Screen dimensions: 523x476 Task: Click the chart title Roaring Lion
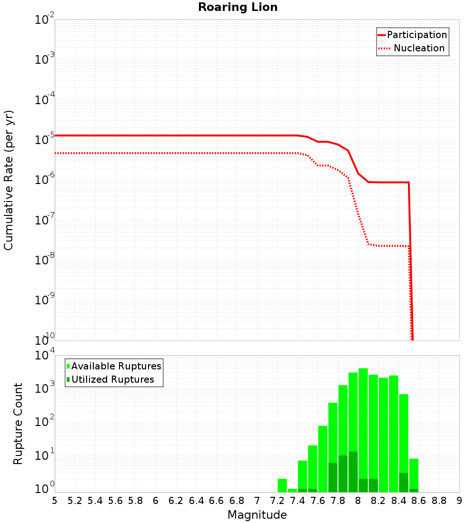pyautogui.click(x=238, y=7)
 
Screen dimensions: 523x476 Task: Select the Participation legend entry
pyautogui.click(x=416, y=35)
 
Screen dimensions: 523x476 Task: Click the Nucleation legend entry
pyautogui.click(x=418, y=48)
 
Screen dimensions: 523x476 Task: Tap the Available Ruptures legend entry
pyautogui.click(x=116, y=366)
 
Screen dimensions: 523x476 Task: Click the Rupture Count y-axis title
pyautogui.click(x=18, y=423)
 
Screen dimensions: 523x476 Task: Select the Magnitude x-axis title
pyautogui.click(x=257, y=515)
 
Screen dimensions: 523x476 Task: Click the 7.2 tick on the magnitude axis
pyautogui.click(x=277, y=501)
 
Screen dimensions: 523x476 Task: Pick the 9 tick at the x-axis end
pyautogui.click(x=459, y=501)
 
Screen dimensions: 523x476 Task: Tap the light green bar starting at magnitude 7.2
pyautogui.click(x=282, y=485)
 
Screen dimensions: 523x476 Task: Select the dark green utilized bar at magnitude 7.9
pyautogui.click(x=353, y=472)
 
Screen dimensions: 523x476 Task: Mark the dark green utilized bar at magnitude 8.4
pyautogui.click(x=404, y=482)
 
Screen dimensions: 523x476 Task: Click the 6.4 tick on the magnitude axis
pyautogui.click(x=196, y=501)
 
